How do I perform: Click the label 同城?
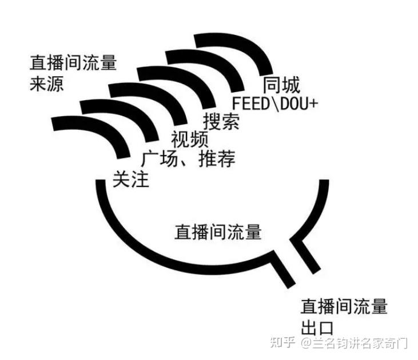(281, 85)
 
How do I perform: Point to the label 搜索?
(221, 121)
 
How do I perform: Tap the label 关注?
(130, 179)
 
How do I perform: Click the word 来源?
(46, 84)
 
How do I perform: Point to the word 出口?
(317, 328)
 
